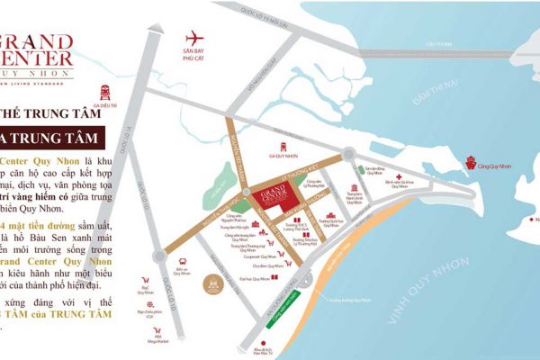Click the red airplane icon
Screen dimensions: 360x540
coord(193,39)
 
